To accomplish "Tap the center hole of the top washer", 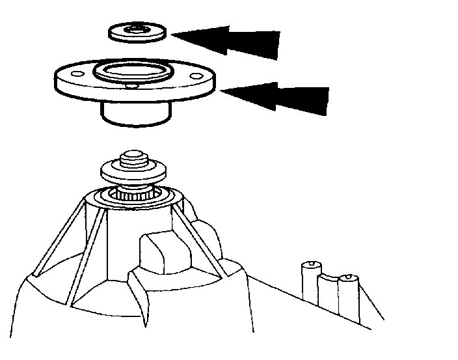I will click(135, 29).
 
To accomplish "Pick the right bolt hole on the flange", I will click(194, 76).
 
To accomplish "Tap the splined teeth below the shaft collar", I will click(133, 193).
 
